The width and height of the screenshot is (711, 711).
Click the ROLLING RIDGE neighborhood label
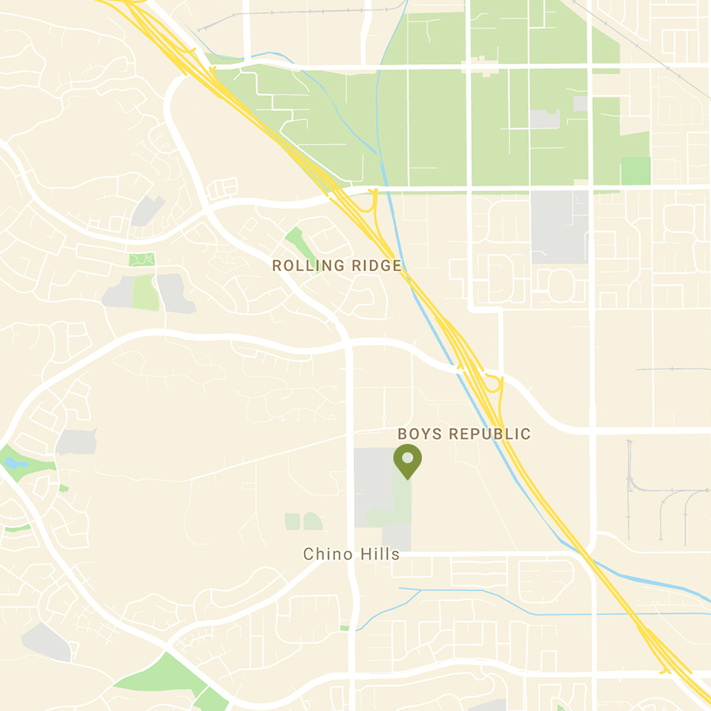337,266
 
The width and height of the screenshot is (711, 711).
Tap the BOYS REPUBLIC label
464,434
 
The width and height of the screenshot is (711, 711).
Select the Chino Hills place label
352,555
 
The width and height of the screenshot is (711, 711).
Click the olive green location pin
408,461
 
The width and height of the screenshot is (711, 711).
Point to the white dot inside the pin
408,457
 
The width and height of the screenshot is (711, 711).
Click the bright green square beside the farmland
635,171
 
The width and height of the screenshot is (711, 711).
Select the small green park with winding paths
142,259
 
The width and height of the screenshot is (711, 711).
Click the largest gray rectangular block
559,226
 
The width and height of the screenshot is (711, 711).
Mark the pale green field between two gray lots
145,292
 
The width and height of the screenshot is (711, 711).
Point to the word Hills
378,555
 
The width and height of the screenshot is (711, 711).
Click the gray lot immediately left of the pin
373,486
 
